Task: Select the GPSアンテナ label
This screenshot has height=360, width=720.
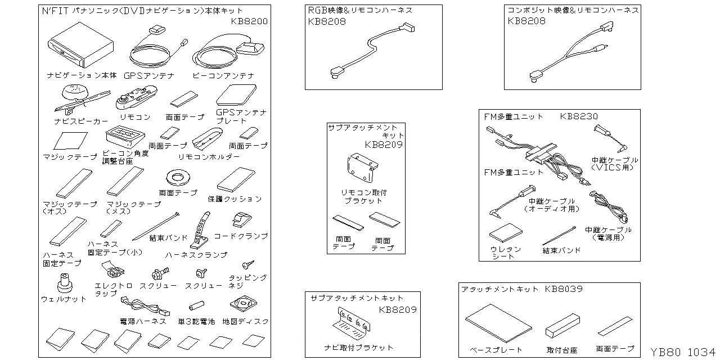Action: coord(149,75)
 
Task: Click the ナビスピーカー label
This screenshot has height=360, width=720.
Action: coord(81,121)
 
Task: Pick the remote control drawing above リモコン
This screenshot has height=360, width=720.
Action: coord(136,100)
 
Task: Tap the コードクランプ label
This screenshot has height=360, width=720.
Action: coord(241,236)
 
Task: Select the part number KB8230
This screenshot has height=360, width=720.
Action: coord(579,116)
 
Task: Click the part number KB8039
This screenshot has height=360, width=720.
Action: coord(563,289)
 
